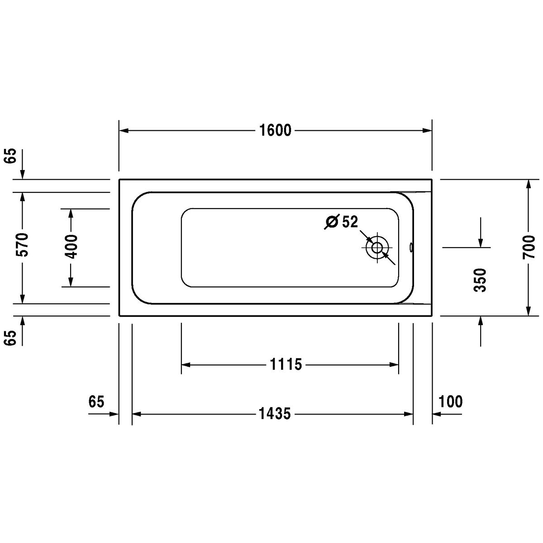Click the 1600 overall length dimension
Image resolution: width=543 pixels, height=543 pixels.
tap(275, 130)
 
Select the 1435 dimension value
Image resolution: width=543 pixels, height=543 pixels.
tap(275, 414)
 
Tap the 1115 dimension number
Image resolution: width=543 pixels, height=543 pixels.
tap(286, 364)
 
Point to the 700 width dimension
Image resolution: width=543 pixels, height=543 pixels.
tap(529, 247)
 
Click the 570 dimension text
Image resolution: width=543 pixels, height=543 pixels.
tap(23, 244)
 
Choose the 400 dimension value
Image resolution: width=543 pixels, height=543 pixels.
tap(71, 247)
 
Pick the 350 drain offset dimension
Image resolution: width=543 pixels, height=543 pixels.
tap(480, 280)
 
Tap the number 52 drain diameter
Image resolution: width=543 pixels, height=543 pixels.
tap(350, 221)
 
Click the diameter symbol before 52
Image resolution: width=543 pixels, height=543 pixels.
tap(332, 222)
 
